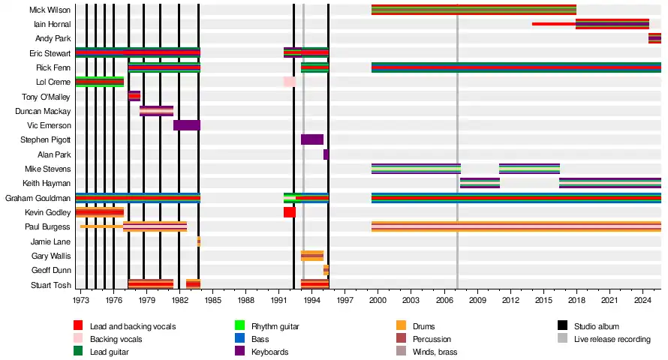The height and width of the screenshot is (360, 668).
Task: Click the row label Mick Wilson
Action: click(x=50, y=10)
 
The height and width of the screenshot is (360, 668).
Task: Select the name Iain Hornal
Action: click(x=53, y=25)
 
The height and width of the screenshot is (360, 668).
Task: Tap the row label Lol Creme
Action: click(x=53, y=82)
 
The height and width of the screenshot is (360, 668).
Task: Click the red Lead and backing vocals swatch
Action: click(x=78, y=325)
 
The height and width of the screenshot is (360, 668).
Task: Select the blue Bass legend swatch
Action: click(x=240, y=339)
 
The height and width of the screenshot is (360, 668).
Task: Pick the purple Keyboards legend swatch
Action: click(x=240, y=352)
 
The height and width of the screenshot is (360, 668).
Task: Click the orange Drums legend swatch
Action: click(x=402, y=325)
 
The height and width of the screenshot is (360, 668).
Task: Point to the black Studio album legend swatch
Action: click(x=562, y=325)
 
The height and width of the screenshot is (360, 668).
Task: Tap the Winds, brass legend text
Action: click(x=435, y=352)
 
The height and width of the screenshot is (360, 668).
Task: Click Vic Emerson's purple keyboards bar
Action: click(x=187, y=125)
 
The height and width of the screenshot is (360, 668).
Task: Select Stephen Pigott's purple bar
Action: click(x=312, y=139)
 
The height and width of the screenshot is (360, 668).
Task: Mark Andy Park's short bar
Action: click(x=654, y=38)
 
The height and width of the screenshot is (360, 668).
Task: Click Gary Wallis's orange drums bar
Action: click(x=312, y=256)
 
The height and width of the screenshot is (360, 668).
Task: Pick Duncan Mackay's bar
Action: click(x=156, y=111)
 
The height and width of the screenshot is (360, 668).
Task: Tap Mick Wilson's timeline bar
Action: click(x=474, y=10)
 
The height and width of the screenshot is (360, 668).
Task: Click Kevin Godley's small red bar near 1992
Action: click(x=290, y=212)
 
